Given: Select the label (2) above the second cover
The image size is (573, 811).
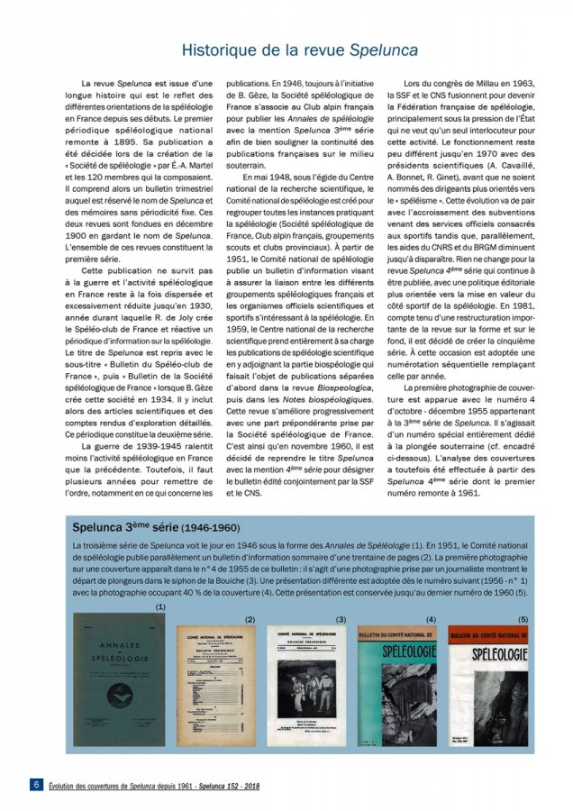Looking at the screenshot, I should (x=250, y=620).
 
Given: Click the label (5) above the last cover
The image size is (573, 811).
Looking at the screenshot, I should (x=523, y=619).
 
